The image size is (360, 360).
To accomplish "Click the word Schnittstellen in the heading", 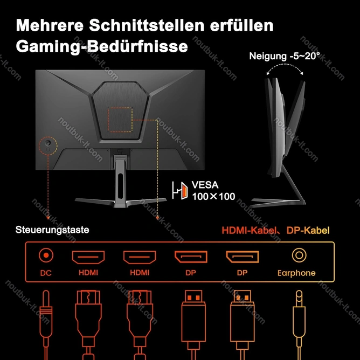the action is (147, 25).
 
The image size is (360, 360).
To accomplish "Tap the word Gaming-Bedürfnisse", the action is (102, 46).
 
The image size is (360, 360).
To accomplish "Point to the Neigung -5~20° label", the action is (284, 56).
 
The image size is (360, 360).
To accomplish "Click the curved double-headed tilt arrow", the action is (285, 65).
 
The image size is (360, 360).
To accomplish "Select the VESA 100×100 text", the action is (213, 191).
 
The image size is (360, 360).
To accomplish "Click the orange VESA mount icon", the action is (180, 190).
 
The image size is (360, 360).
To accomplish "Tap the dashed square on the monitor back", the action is (120, 120).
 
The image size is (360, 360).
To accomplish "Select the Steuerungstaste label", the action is (52, 230).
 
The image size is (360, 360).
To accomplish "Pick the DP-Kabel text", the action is (308, 230).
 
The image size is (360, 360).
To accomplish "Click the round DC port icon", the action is (46, 255).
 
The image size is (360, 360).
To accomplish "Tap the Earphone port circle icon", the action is (299, 255).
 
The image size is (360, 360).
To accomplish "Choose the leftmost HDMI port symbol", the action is (88, 257).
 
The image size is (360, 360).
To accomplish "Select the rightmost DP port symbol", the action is (242, 257).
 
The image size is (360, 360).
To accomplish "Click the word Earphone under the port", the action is (296, 273).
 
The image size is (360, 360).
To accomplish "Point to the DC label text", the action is (46, 273).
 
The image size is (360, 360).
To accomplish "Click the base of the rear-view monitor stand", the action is (121, 202).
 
